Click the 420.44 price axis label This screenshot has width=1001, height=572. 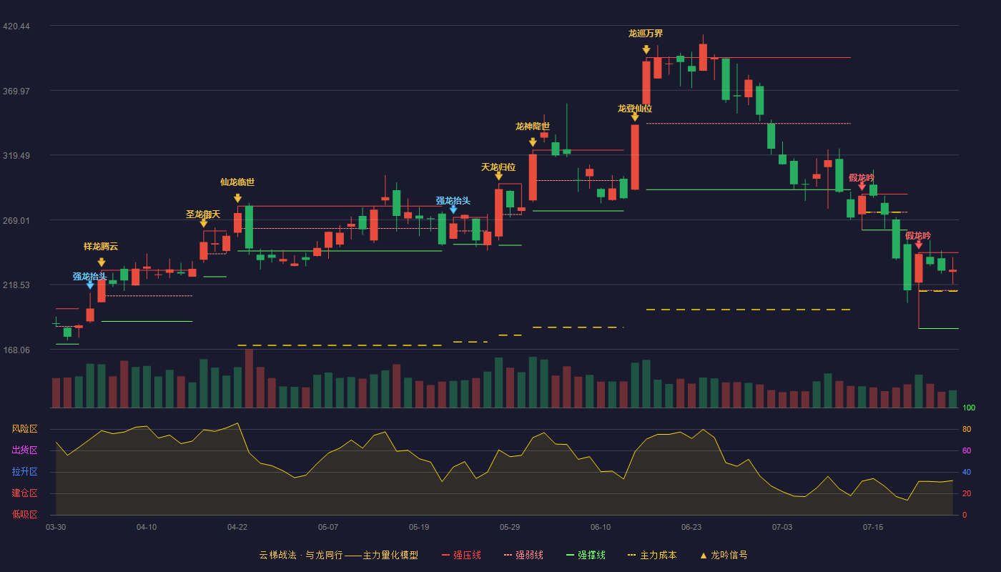pos(16,26)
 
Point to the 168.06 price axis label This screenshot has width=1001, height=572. pos(16,350)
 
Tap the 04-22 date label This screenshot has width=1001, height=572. pos(237,528)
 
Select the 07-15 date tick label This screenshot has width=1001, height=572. pos(873,528)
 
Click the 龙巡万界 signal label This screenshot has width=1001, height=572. pos(646,34)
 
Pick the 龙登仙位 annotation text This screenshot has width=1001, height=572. pos(635,109)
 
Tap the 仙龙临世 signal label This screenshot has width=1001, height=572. pos(237,182)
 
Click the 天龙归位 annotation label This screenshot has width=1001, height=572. pos(498,167)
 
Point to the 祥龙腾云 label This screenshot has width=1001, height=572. pos(101,246)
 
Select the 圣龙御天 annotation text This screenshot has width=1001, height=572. pos(203,214)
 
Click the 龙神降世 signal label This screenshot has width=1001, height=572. pos(533,127)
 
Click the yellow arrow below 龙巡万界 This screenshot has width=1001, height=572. pos(646,49)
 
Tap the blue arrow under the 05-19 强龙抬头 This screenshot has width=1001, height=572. pos(453,209)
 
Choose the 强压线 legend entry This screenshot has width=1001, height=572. pos(461,555)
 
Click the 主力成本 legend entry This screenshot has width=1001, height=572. pos(652,555)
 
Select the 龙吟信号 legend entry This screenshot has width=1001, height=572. pos(724,555)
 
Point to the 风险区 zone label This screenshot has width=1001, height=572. pos(24,429)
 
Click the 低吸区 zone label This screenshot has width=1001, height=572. pos(24,515)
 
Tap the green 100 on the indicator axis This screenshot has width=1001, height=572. pos(969,408)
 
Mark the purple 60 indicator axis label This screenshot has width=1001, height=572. pos(967,450)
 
